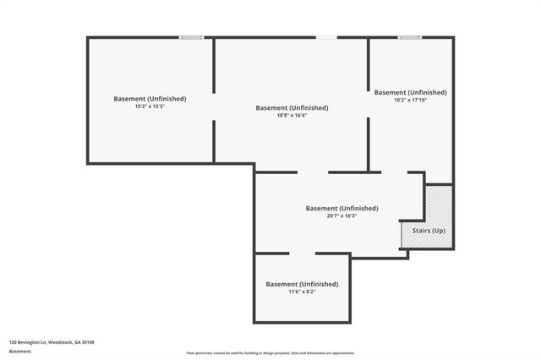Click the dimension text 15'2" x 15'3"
[150, 107]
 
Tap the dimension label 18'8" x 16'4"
[291, 116]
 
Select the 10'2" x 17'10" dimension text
[410, 101]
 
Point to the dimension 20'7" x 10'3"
[341, 215]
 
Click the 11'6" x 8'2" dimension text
[302, 292]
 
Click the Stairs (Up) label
[429, 231]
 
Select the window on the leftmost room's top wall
[191, 37]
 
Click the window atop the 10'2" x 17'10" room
[410, 37]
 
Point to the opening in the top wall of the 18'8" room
[325, 37]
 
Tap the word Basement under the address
[19, 350]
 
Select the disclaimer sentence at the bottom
[270, 353]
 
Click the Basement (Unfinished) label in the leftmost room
[150, 99]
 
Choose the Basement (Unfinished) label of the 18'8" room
[292, 107]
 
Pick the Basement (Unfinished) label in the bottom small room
[302, 284]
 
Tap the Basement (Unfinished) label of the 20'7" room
[342, 208]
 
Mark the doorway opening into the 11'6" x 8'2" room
[302, 253]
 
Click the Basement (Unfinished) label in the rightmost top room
[410, 92]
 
